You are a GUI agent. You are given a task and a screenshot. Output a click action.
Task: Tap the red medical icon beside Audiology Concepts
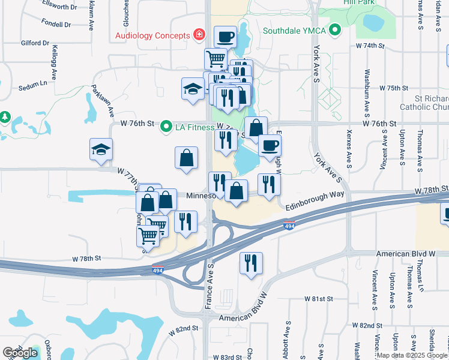199,35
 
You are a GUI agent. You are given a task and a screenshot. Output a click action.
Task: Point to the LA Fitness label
195,127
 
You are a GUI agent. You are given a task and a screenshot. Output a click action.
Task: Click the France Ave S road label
209,286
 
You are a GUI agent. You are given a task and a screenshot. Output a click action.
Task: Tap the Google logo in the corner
19,353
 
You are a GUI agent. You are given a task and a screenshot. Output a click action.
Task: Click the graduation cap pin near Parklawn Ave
101,149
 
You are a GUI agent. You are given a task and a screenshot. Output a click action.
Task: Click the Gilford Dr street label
34,43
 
